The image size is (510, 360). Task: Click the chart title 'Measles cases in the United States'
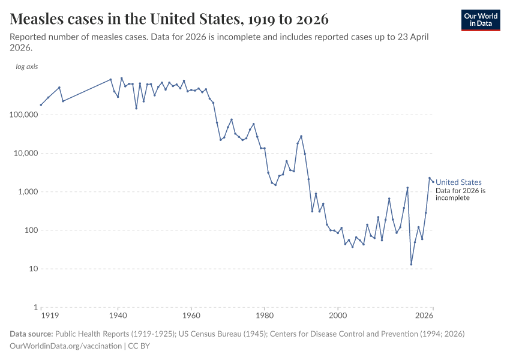(169, 19)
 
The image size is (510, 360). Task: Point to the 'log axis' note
(26, 67)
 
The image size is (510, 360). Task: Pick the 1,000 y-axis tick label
(28, 192)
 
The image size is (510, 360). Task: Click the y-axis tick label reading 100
(31, 230)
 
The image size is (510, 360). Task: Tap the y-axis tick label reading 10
(33, 269)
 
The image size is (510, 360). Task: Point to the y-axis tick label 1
(35, 307)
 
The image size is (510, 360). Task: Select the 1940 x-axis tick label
(118, 316)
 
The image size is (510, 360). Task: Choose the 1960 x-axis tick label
(191, 316)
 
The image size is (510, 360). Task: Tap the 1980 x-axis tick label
(264, 316)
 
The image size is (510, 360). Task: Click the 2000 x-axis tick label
(338, 316)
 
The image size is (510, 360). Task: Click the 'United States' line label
(458, 182)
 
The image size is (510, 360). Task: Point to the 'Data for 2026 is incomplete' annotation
(460, 194)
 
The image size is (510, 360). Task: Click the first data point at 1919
(41, 105)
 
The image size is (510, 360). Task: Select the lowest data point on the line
(411, 264)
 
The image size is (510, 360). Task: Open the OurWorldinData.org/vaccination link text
(66, 346)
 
